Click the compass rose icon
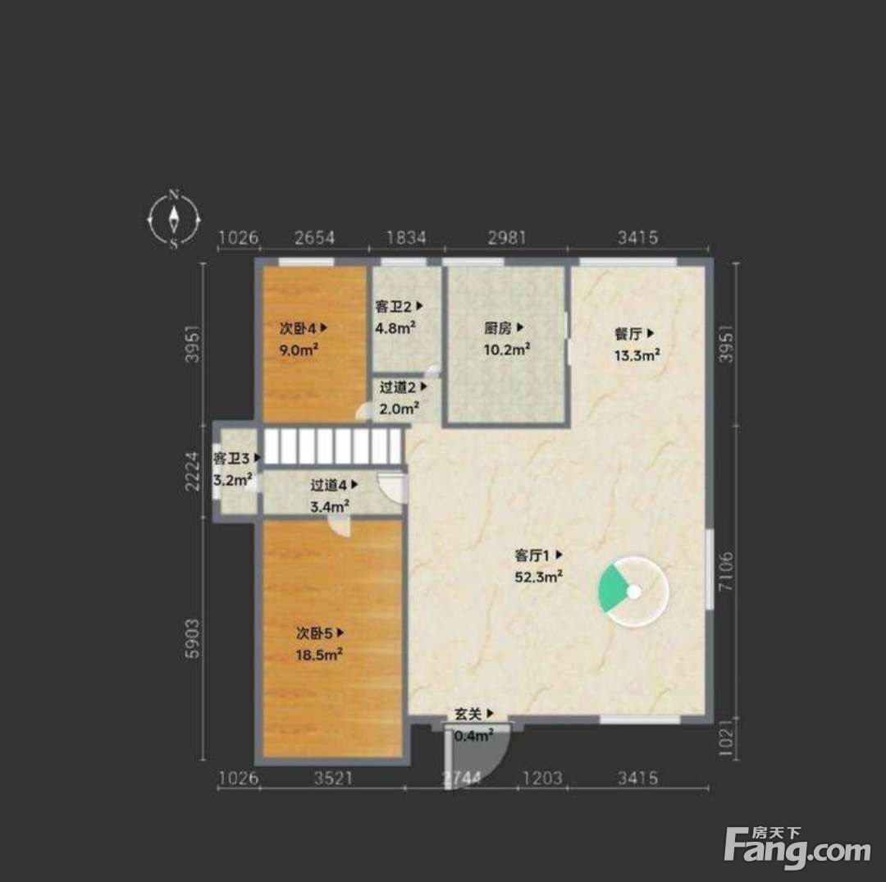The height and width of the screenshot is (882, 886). click(174, 219)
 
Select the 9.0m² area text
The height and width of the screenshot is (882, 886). click(299, 350)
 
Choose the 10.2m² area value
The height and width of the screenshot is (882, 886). click(506, 350)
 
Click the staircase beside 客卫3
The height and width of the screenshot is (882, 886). click(333, 446)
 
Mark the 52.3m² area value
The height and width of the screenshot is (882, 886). click(538, 577)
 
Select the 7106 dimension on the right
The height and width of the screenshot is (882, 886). click(726, 572)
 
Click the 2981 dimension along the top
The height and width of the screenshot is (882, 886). click(507, 237)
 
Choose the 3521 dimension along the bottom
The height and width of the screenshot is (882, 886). click(333, 778)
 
